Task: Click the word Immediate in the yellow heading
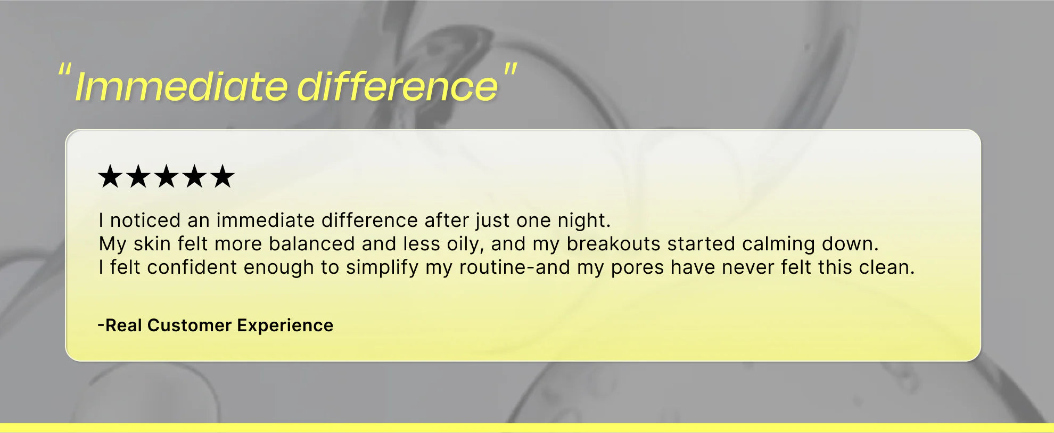181,86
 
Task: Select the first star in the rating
110,176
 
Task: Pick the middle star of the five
166,176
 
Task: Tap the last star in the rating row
222,176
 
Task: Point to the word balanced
311,244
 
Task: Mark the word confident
192,267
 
